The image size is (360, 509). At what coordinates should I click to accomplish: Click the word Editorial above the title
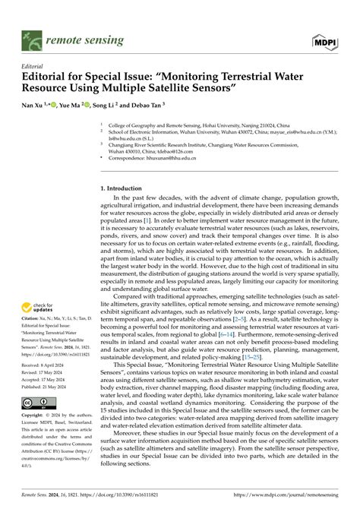(x=34, y=66)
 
